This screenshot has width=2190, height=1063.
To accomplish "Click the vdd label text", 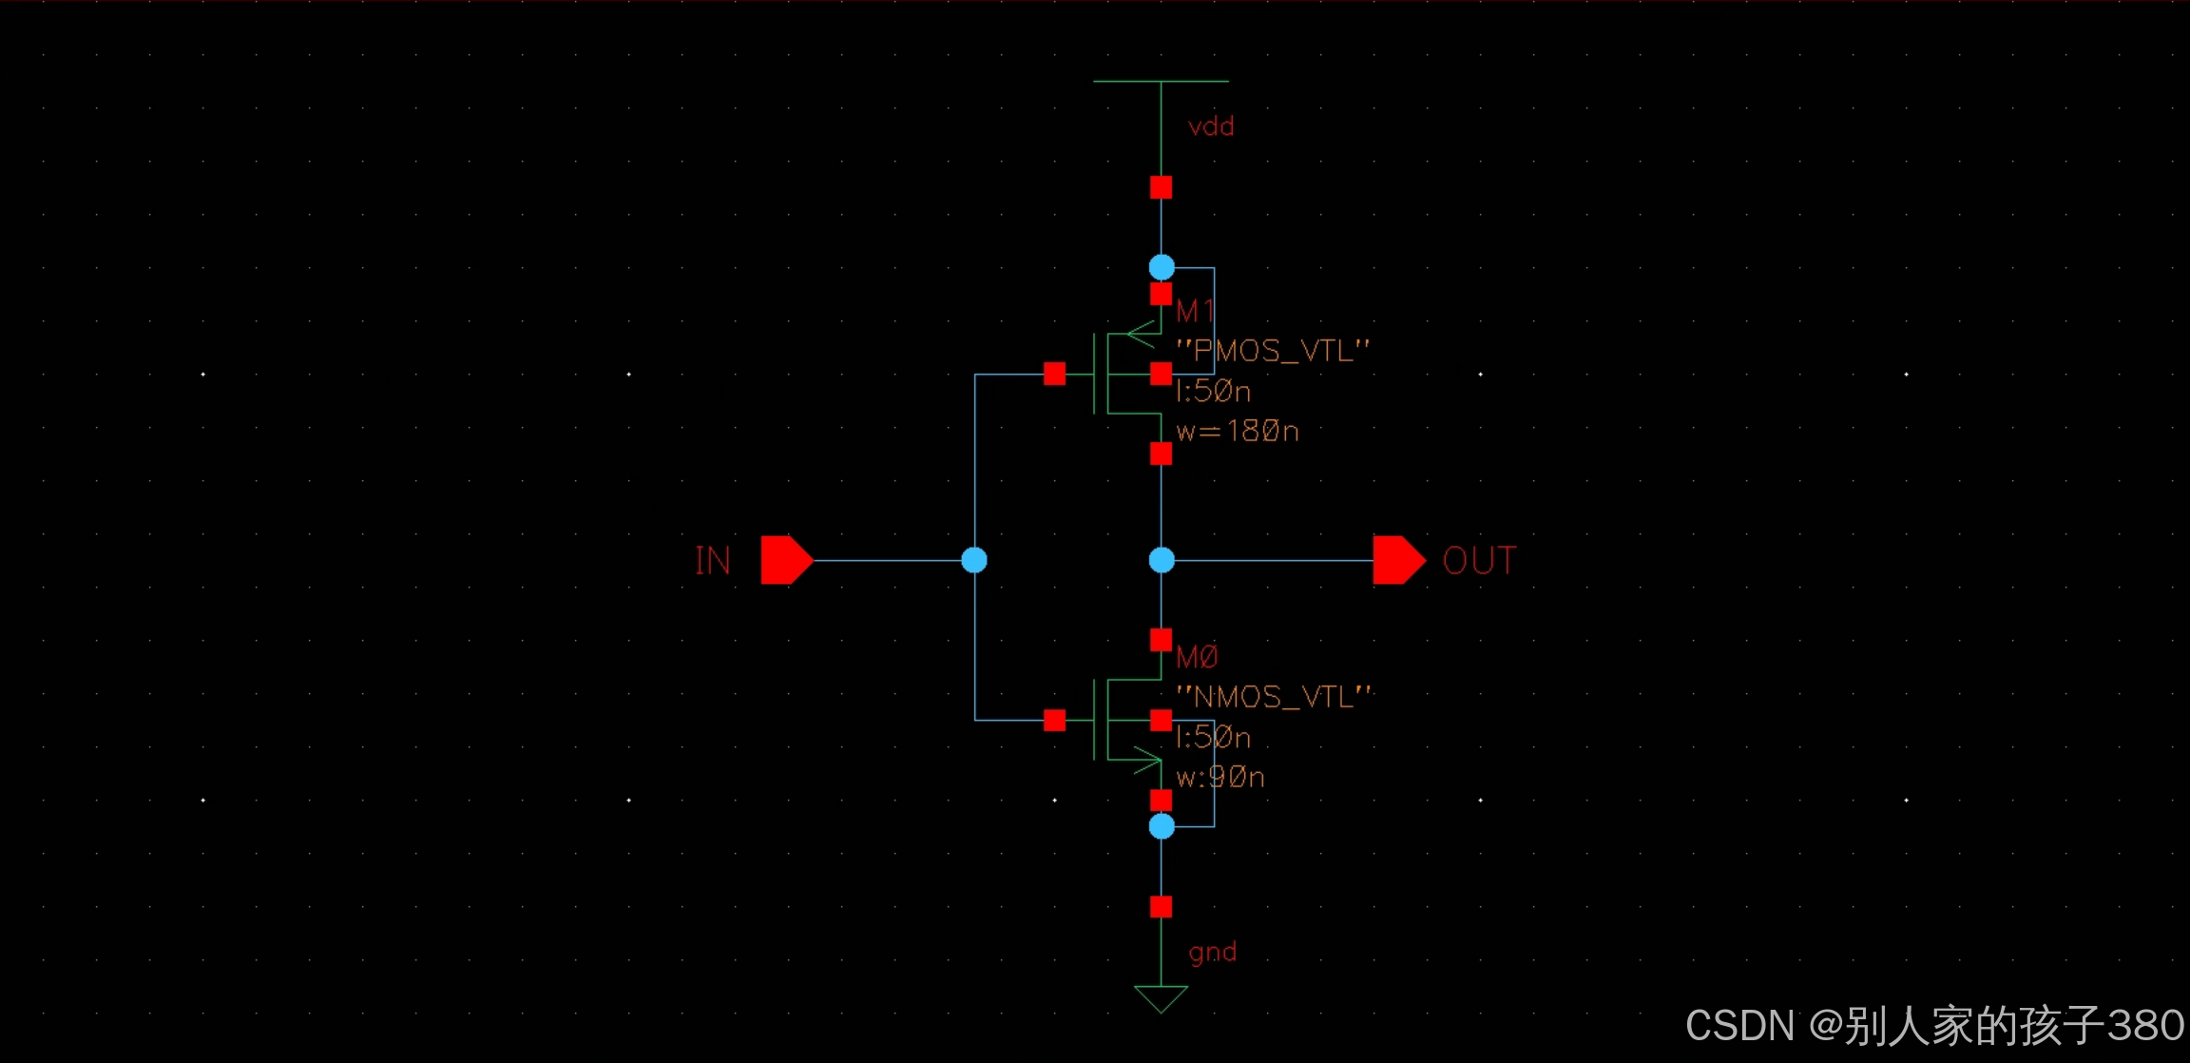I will [1211, 126].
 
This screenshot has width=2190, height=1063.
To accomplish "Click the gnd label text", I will [1212, 952].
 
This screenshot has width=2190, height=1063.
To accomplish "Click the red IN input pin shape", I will [785, 560].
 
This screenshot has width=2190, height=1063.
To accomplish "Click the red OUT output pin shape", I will [1397, 560].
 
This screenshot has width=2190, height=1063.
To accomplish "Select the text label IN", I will [713, 561].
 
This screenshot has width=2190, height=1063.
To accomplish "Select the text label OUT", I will [1479, 561].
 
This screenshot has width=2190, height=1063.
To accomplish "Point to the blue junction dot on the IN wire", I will [974, 560].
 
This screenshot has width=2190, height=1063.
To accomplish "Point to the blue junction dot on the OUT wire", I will [1162, 560].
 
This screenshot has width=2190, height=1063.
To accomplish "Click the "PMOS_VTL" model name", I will [1273, 351].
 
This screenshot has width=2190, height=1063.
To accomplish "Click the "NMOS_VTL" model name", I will [1274, 697].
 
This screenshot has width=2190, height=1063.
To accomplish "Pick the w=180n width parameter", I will [1238, 432].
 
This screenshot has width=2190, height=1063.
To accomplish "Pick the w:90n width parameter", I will [1220, 778].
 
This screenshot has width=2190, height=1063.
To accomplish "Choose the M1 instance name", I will [1195, 311].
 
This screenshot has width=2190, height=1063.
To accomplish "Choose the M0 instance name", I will [1197, 657].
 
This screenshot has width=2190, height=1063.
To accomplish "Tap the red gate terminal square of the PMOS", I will [1054, 374].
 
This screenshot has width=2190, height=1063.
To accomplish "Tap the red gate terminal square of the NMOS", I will [1054, 720].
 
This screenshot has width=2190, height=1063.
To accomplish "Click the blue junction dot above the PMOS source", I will [1162, 267].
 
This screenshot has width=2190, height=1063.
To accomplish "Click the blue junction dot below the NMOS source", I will [1162, 826].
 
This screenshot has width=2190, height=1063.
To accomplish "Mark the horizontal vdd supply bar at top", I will [1161, 82].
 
